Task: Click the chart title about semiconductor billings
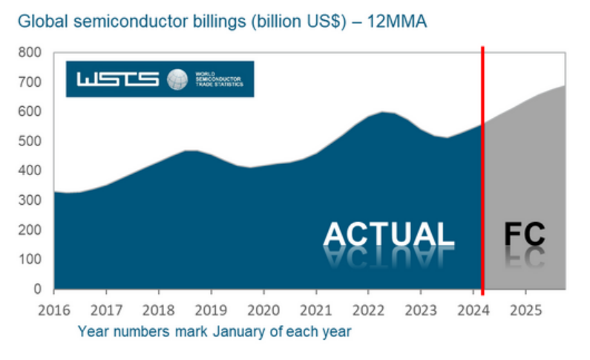[x=223, y=22]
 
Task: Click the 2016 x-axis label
[x=54, y=308]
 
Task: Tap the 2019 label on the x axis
[x=212, y=308]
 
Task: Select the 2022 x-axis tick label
[x=369, y=308]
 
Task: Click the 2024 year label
[x=473, y=308]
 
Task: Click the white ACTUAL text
[x=389, y=234]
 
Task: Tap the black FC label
[x=525, y=234]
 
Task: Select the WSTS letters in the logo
[x=117, y=79]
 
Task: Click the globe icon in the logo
[x=177, y=79]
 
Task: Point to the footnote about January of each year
[x=214, y=331]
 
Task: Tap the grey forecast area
[x=527, y=171]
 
